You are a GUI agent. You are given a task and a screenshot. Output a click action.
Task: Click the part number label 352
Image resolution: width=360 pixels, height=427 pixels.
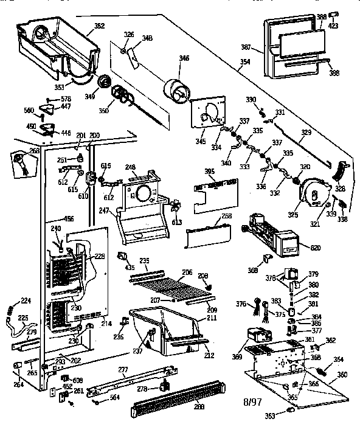[x=99, y=26]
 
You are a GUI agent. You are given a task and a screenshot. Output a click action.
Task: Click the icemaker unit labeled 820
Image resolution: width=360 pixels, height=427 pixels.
[x=268, y=234]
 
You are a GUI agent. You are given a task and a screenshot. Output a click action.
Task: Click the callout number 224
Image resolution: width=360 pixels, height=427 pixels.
[x=26, y=300]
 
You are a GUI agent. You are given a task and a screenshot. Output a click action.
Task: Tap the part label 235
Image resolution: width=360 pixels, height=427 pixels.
[x=144, y=260]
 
